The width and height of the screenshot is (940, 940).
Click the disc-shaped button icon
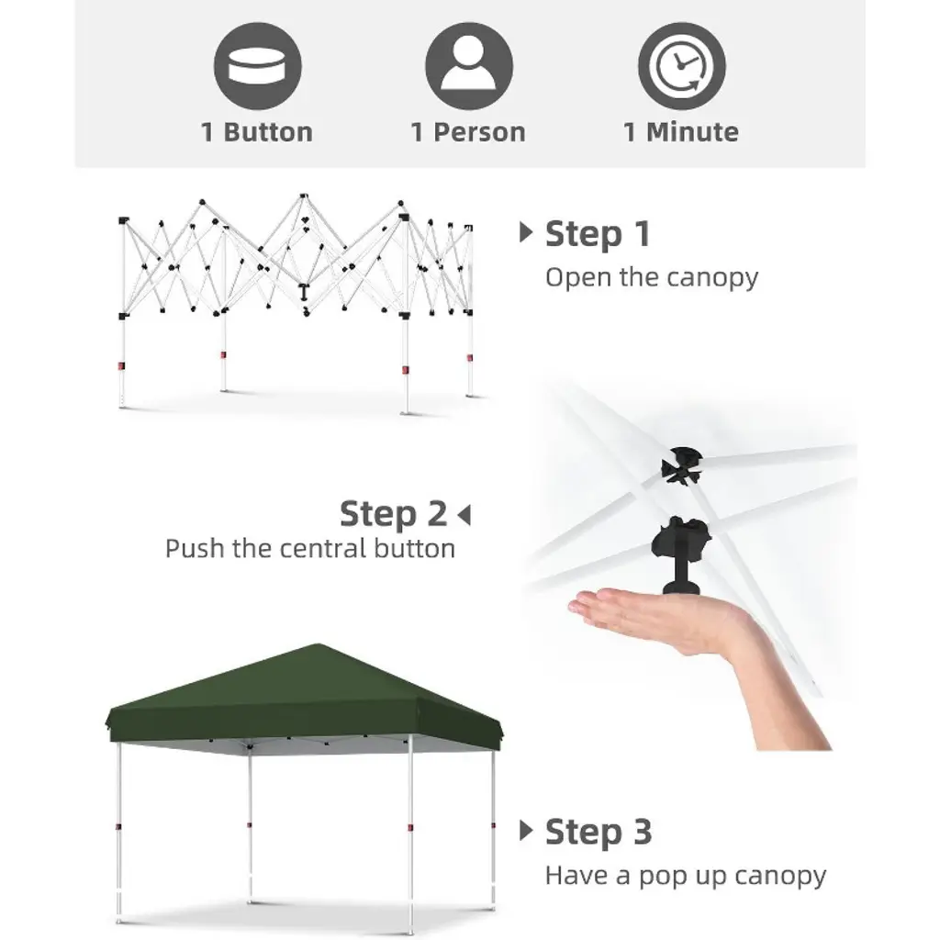pos(257,66)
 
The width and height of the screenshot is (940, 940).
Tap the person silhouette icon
pos(469,66)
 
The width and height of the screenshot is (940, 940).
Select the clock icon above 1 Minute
pos(682,66)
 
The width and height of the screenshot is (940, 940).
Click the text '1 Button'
pos(257,132)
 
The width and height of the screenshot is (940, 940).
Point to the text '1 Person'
pos(468,132)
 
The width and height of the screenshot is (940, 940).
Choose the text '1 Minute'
pos(681,132)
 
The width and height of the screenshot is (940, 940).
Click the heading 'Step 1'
pos(598,234)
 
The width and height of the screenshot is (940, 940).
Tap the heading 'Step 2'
pos(393,514)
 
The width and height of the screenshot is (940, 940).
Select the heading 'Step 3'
pos(599,832)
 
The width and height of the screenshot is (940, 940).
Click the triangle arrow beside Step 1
pos(526,232)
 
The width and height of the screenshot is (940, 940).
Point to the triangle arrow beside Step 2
pos(464,515)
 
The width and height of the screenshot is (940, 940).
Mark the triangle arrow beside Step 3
pos(526,830)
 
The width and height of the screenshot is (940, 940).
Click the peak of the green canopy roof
pos(318,644)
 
